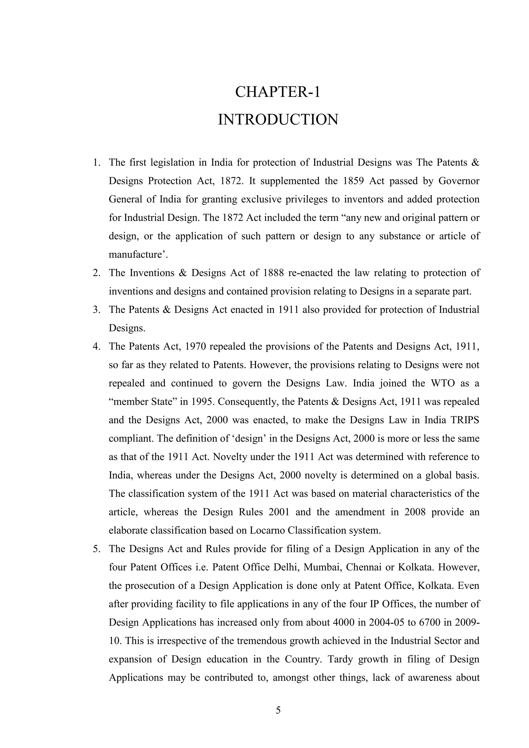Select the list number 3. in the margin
pyautogui.click(x=96, y=310)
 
